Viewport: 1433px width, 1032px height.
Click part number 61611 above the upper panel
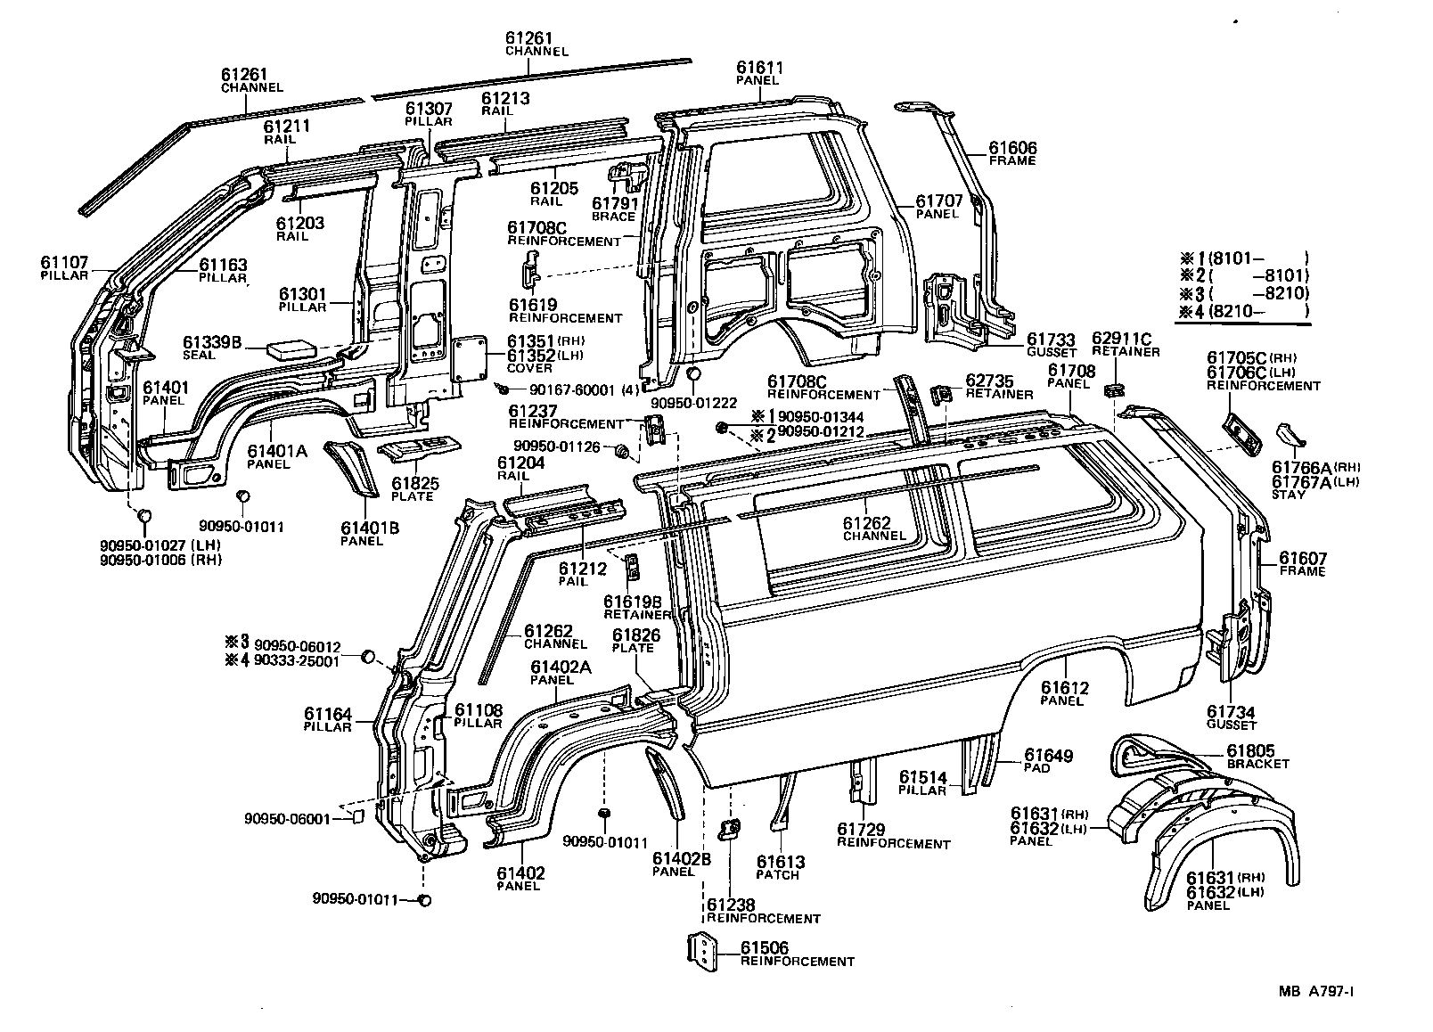coord(760,67)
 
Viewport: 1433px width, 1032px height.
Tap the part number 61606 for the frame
coord(1012,148)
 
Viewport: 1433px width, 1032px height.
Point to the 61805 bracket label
coord(1251,751)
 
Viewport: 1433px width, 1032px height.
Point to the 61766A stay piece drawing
coord(1290,436)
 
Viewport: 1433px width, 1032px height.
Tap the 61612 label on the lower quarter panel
coord(1065,688)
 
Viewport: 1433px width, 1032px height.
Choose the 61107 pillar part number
coord(64,262)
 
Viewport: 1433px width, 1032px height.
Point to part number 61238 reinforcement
coord(731,905)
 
